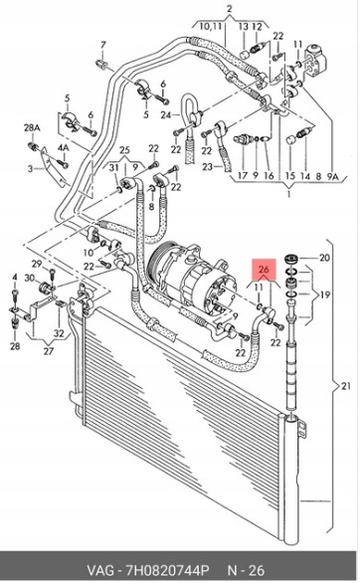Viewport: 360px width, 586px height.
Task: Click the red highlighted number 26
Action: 264,269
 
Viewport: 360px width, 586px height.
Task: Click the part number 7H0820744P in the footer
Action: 167,571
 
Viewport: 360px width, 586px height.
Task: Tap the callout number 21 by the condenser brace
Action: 346,386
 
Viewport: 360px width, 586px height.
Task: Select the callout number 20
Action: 324,258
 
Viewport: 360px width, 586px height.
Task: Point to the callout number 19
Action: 325,294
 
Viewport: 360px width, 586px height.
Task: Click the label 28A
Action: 32,127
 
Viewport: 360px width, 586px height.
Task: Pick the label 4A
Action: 63,147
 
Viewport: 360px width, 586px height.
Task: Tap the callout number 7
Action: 103,45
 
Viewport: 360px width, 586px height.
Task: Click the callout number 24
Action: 166,115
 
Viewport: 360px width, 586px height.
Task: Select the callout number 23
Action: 208,167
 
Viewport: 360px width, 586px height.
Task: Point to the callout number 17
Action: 243,175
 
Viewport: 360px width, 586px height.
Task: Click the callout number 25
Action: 124,150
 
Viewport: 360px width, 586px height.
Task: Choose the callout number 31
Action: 114,168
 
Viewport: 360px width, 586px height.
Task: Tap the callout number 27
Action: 49,350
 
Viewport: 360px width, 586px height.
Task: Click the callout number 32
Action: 59,333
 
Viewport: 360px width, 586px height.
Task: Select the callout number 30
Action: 30,278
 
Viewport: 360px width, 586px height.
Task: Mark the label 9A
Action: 333,176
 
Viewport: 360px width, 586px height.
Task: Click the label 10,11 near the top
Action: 211,27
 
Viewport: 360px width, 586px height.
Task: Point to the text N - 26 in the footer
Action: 246,571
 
